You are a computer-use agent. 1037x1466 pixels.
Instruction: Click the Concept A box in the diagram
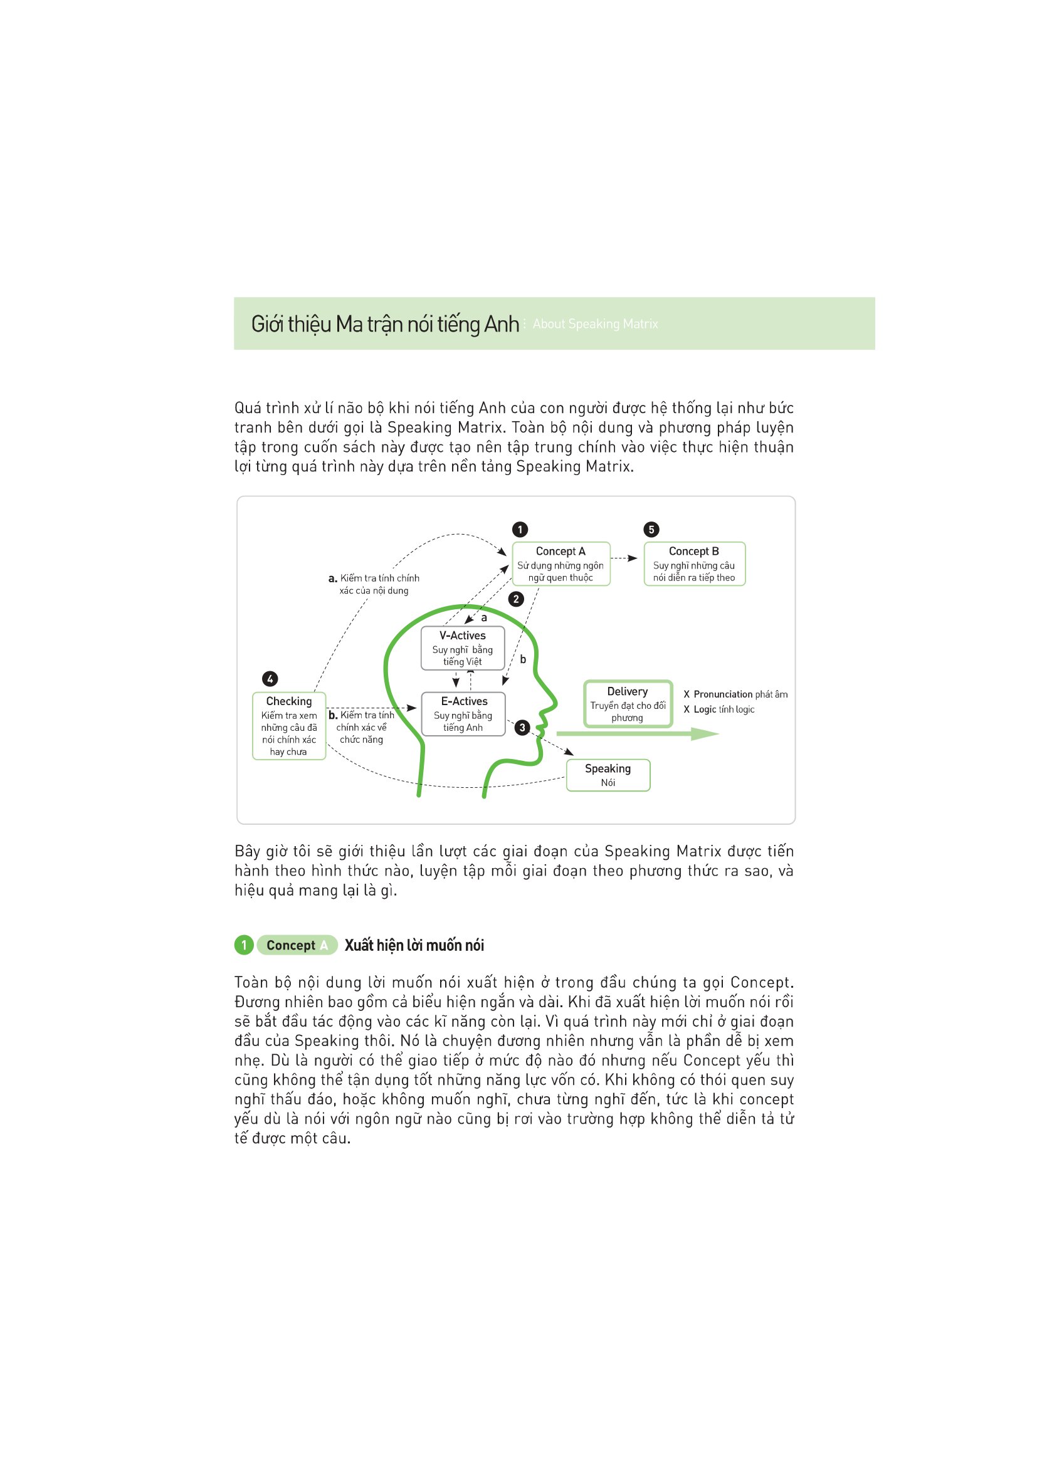point(561,564)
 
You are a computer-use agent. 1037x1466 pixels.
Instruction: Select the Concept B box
point(694,564)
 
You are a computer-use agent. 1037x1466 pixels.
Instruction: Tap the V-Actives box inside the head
point(462,648)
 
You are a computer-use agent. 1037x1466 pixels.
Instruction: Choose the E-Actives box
point(463,714)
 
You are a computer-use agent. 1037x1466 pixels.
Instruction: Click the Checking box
point(288,726)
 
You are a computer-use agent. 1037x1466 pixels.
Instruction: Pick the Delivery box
point(628,704)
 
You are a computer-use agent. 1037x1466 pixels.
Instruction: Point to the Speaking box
point(608,775)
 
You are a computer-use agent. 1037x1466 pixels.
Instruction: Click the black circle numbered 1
point(520,530)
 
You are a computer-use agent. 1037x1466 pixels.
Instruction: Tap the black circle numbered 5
point(651,530)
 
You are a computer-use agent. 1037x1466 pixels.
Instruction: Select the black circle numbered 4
point(270,679)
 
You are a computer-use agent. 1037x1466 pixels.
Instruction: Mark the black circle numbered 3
point(522,727)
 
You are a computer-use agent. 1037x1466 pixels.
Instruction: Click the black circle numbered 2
point(516,599)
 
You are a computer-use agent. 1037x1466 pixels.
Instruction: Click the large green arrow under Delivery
point(638,735)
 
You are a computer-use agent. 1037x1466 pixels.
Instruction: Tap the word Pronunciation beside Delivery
point(723,694)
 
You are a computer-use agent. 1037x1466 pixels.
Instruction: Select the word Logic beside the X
point(705,709)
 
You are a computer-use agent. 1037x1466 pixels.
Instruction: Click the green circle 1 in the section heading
point(244,945)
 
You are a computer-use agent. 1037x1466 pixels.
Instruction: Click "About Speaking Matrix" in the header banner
point(595,323)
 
